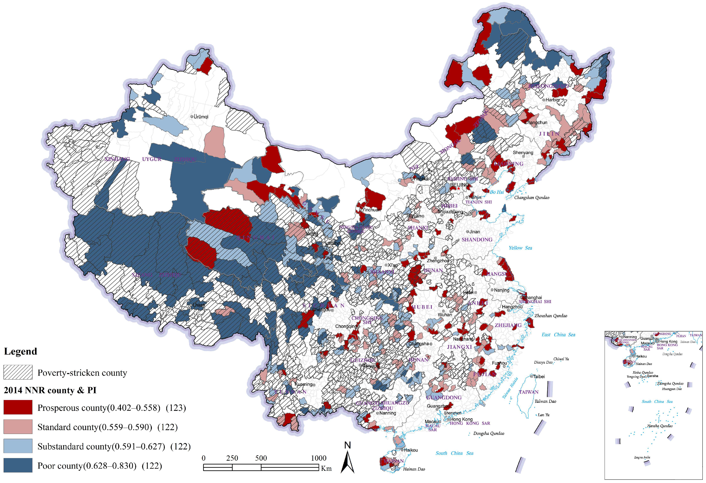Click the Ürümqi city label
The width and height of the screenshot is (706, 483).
(x=201, y=117)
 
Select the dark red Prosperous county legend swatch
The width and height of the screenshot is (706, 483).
(x=18, y=407)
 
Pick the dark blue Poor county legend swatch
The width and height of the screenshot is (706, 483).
(x=18, y=465)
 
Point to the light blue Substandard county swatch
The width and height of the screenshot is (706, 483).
(x=18, y=446)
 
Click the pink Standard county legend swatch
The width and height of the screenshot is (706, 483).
(x=18, y=427)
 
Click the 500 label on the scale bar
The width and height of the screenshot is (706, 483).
(x=261, y=458)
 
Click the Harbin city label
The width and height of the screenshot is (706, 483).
(x=552, y=100)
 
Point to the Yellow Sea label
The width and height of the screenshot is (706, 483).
(x=520, y=248)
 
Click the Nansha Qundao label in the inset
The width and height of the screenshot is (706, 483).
(x=659, y=426)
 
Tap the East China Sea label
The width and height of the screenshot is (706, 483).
(x=558, y=335)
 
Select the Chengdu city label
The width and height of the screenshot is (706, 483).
(x=321, y=310)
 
